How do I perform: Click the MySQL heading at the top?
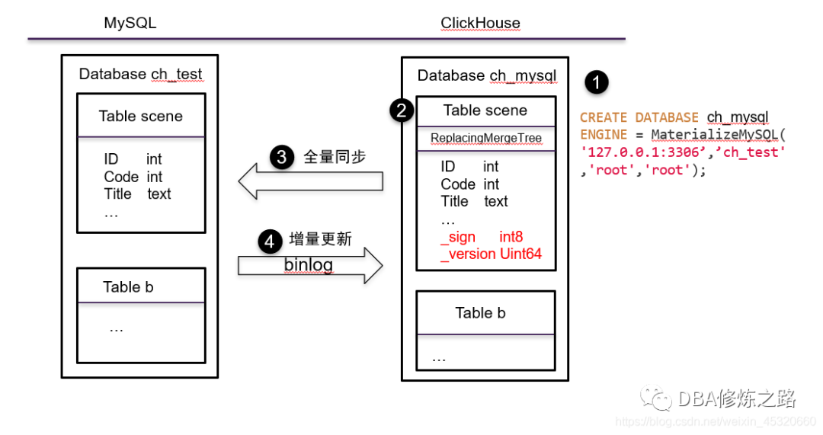[x=130, y=23]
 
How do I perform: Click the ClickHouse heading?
[x=480, y=23]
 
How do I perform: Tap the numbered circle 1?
[x=596, y=82]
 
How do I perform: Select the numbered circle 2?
[x=402, y=110]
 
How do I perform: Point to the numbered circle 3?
[x=281, y=157]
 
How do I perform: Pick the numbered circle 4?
[x=269, y=241]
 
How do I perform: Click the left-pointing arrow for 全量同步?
[x=310, y=181]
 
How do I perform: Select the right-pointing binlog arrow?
[x=310, y=265]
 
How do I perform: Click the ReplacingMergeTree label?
[x=485, y=138]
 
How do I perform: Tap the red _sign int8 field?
[x=482, y=237]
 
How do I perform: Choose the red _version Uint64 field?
[x=491, y=254]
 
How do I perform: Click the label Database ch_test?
[x=141, y=74]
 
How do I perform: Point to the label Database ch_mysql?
[x=487, y=75]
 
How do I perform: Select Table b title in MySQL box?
[x=128, y=286]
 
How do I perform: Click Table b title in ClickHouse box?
[x=480, y=312]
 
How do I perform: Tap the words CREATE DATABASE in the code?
[x=639, y=117]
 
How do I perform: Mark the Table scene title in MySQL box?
[x=141, y=117]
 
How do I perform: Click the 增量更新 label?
[x=321, y=239]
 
